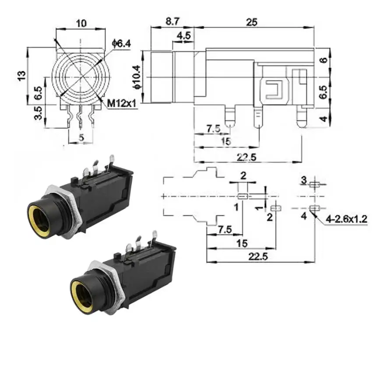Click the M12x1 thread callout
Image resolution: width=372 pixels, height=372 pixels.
(122, 103)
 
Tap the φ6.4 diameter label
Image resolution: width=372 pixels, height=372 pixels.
(122, 44)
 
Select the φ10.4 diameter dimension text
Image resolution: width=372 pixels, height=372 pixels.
(137, 77)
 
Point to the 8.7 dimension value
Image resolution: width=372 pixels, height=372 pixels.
(172, 21)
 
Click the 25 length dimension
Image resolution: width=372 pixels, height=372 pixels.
(252, 22)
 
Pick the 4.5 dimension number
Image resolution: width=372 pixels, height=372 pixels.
(184, 35)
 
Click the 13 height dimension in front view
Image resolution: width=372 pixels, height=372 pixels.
(21, 76)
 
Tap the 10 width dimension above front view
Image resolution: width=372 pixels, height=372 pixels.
(81, 24)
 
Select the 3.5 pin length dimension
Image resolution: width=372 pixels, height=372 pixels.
(38, 113)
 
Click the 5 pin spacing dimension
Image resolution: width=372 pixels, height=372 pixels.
(81, 137)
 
